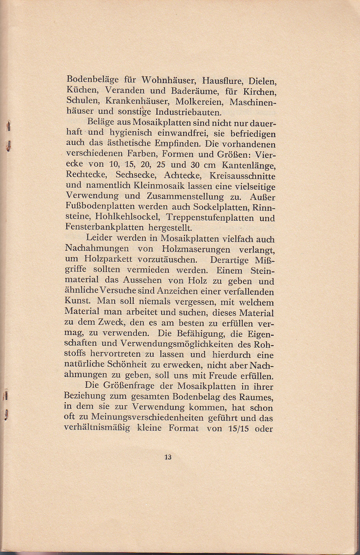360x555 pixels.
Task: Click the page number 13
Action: pos(168,457)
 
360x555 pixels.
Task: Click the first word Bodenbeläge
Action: pos(92,80)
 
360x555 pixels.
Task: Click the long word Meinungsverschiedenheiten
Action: pos(157,418)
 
